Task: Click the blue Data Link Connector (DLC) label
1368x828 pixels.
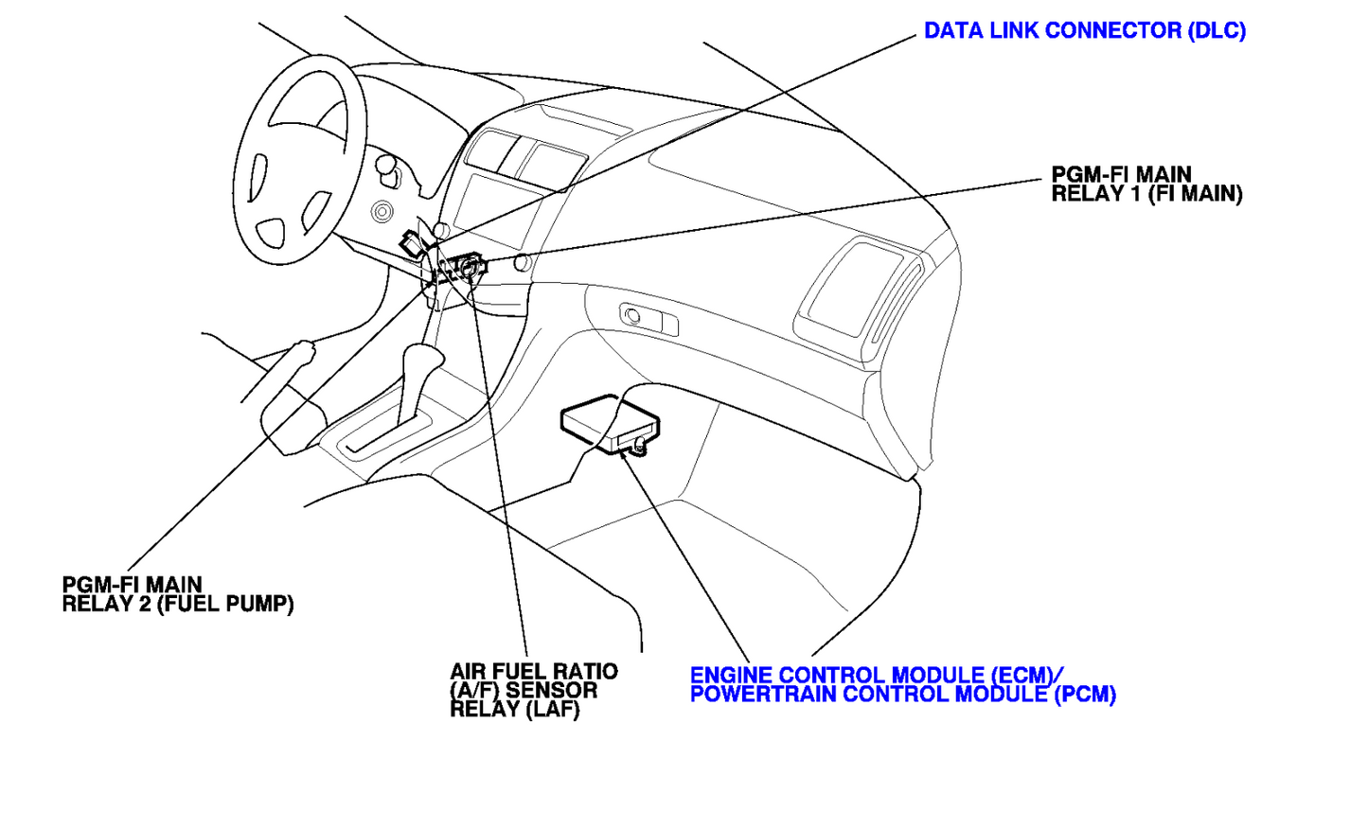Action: pos(1085,31)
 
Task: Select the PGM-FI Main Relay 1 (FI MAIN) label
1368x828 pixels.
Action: pos(1146,185)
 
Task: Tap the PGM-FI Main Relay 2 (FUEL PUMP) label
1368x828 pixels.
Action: pos(178,595)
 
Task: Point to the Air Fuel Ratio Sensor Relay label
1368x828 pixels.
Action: pos(534,691)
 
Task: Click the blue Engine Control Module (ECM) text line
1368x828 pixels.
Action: pos(877,676)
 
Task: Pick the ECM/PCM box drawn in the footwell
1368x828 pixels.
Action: pos(610,425)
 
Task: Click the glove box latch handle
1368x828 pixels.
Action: pos(648,319)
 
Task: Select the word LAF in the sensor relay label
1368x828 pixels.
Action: pos(553,710)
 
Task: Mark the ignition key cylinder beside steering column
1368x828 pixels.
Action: pos(382,212)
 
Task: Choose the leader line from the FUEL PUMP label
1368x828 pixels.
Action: pos(278,429)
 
